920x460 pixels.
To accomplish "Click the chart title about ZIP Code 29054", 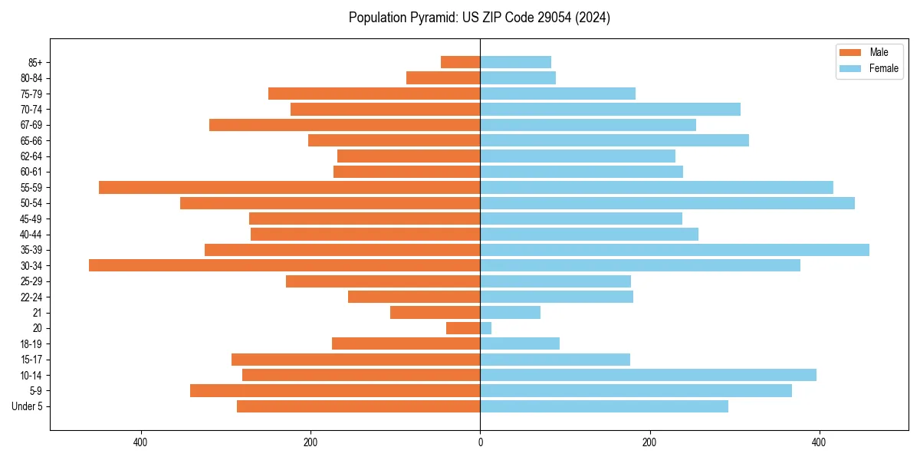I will point(479,18).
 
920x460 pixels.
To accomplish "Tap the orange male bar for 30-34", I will point(284,265).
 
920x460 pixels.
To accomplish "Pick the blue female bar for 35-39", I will point(675,250).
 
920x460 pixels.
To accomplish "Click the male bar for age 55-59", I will point(289,187).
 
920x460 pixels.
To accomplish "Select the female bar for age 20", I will point(486,328).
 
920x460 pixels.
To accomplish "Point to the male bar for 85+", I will point(461,62).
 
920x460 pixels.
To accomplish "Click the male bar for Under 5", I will point(358,406).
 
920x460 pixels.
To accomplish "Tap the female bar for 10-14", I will point(648,375).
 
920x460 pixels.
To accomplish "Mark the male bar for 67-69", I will point(344,125).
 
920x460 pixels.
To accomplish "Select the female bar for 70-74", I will point(610,109).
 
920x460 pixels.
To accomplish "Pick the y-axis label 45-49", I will point(31,219).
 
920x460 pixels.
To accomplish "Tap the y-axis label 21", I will point(38,313).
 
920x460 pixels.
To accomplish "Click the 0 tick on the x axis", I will point(480,442).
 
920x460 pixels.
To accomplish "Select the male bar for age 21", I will point(435,313).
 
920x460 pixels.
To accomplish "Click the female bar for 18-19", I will point(520,343).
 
